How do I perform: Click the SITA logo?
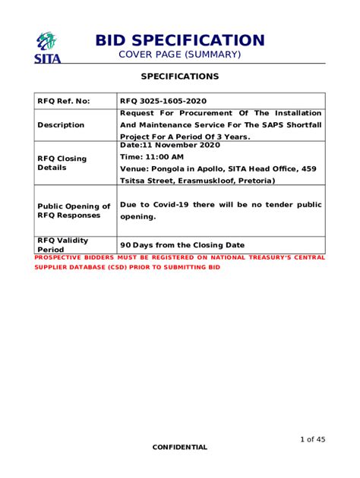[47, 46]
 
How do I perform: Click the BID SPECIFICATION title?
[179, 40]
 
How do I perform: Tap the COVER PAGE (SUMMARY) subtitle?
[179, 55]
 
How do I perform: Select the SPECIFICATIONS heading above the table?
[180, 77]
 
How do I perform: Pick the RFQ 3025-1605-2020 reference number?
[163, 101]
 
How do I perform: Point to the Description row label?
[61, 125]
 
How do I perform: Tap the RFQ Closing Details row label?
[62, 162]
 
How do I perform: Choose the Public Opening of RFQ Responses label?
[74, 210]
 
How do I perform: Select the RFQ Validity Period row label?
[63, 244]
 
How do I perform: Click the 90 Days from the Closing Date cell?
[182, 245]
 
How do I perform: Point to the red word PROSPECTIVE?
[61, 258]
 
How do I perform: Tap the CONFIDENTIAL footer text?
[179, 447]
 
